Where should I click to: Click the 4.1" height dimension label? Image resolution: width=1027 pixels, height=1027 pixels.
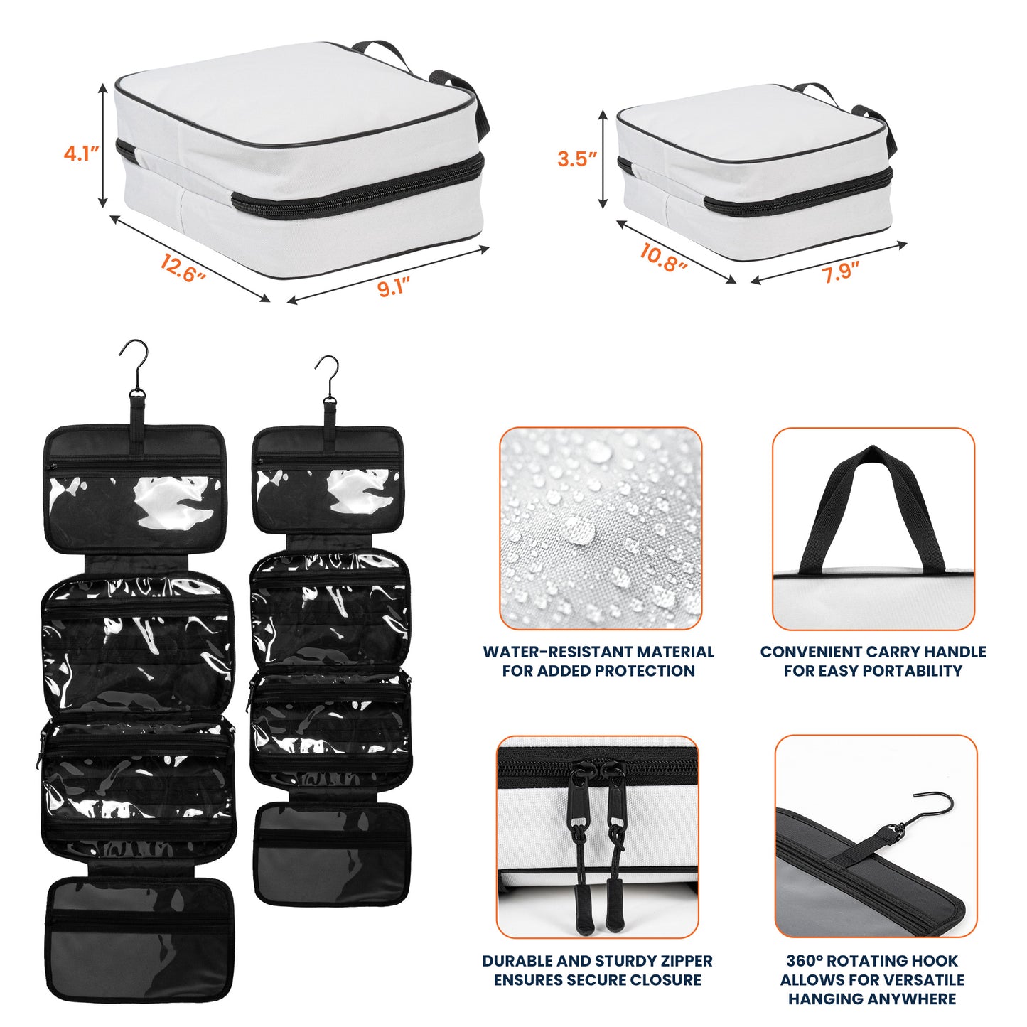[x=80, y=153]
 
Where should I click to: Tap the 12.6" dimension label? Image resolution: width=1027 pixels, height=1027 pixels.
[x=182, y=269]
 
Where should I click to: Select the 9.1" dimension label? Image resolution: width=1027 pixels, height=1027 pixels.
[x=393, y=286]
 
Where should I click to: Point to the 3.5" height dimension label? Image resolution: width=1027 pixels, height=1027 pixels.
[x=576, y=158]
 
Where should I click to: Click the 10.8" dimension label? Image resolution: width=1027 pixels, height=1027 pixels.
[x=662, y=257]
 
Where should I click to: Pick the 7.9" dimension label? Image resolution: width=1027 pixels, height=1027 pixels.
[x=841, y=271]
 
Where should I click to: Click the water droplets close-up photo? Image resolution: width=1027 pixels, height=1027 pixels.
[x=601, y=528]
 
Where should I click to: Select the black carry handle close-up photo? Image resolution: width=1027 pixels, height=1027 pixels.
[x=873, y=528]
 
